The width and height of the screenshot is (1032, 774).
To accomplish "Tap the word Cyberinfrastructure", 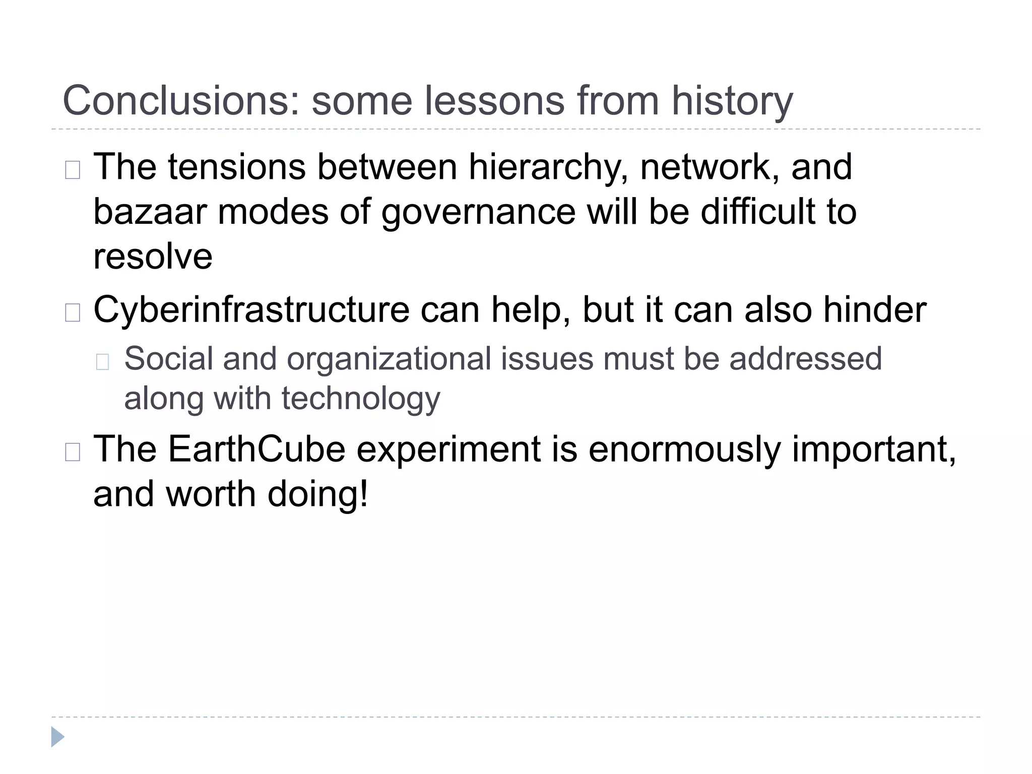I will pos(251,310).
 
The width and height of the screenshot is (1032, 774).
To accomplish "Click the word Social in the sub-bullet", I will pos(169,359).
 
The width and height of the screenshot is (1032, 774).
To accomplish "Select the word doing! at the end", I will pos(318,495).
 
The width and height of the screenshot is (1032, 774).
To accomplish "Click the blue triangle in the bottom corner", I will pos(57,737).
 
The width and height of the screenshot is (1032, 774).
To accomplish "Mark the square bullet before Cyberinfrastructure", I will pos(73,313).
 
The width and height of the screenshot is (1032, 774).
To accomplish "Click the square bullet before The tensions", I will pos(73,170).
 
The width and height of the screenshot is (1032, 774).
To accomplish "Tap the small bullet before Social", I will pos(102,362).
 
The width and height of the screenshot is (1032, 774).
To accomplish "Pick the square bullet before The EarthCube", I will pos(73,452).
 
